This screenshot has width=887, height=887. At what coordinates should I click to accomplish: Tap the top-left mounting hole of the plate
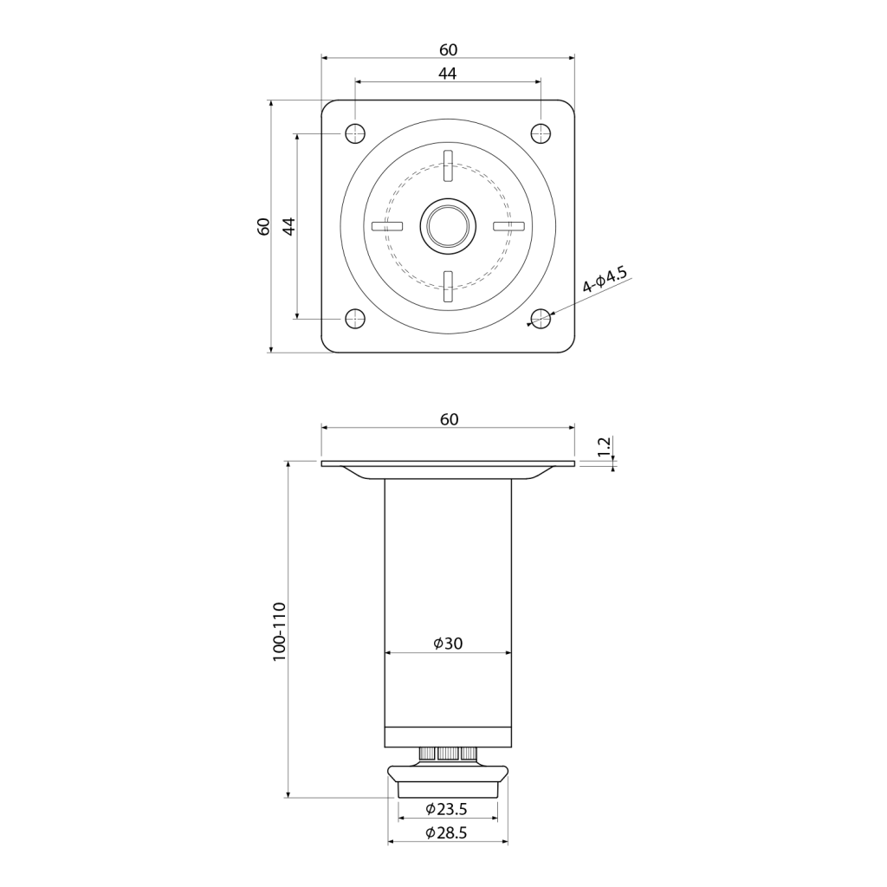point(354,133)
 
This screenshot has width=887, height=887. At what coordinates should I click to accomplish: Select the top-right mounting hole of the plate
point(541,133)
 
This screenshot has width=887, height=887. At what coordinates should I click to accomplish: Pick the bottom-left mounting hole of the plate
point(354,319)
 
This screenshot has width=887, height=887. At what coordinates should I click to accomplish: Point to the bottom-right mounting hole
point(541,319)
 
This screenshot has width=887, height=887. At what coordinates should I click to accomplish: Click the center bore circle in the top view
point(448,226)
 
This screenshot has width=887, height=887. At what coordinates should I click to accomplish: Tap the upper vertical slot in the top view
point(448,165)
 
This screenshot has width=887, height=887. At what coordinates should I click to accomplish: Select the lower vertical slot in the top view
point(448,286)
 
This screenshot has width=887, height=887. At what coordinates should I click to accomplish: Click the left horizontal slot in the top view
point(387,226)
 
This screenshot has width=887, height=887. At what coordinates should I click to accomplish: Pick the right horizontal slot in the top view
point(509,226)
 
